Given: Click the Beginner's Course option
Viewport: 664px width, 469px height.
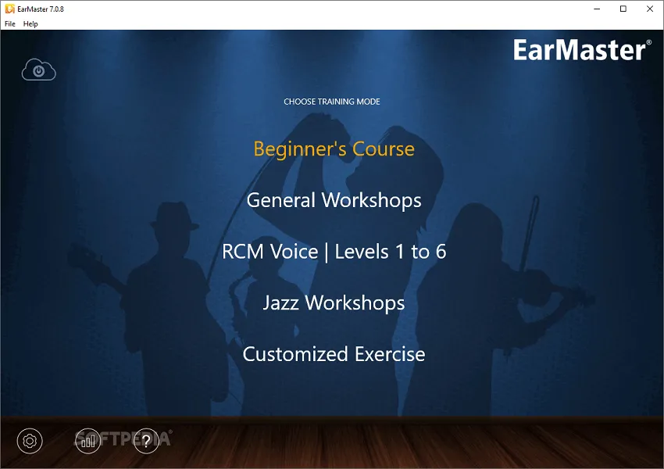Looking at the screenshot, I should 334,149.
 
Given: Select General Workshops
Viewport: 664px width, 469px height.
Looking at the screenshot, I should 334,200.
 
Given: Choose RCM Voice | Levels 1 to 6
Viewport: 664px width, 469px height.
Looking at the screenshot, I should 334,252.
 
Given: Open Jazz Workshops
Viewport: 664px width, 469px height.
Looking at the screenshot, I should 334,303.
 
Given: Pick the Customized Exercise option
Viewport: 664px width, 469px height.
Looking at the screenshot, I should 334,354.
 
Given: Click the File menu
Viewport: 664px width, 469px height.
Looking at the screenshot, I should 10,24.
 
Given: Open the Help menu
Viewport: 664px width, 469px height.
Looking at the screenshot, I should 30,24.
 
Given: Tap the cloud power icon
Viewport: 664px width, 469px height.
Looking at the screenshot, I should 38,70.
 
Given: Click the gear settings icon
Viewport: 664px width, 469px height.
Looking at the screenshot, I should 30,441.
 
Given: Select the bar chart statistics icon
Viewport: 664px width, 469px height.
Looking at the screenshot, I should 87,441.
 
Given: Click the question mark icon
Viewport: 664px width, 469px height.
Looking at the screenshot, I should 145,441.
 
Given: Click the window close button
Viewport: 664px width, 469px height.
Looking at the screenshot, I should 648,9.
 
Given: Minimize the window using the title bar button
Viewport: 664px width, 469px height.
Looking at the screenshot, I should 598,9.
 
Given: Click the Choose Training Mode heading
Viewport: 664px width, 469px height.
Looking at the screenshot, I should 332,102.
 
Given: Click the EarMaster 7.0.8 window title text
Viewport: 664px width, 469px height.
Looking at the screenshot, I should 41,9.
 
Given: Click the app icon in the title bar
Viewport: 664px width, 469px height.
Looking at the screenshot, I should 9,9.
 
